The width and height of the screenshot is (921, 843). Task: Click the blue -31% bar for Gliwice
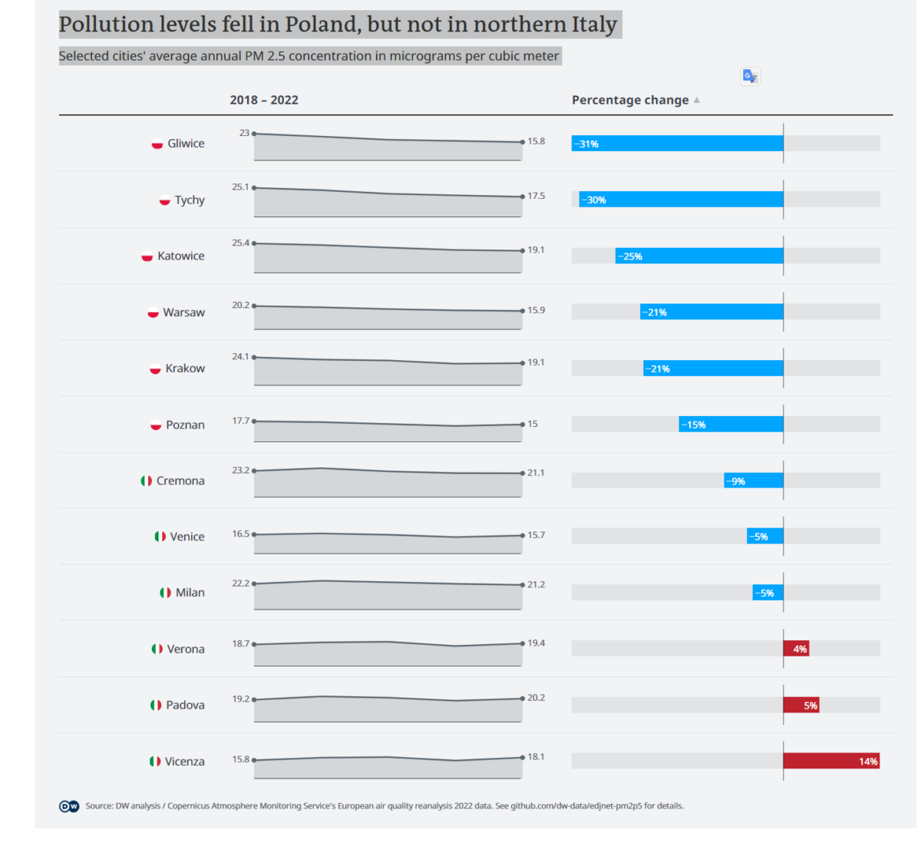click(x=677, y=144)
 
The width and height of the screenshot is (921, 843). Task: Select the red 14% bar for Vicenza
click(x=831, y=761)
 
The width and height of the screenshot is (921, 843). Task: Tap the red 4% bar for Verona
click(x=796, y=649)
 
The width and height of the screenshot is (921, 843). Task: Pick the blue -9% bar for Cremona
click(x=753, y=481)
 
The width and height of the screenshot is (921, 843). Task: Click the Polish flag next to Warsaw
click(x=153, y=312)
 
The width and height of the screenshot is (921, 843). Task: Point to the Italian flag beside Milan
click(x=165, y=593)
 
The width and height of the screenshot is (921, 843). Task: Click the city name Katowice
click(x=181, y=256)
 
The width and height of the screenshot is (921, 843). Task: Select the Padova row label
click(x=185, y=705)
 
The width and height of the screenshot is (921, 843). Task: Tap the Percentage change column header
click(x=629, y=100)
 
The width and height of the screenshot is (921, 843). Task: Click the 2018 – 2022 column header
click(x=264, y=100)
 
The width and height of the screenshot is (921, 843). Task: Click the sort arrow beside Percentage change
click(x=697, y=100)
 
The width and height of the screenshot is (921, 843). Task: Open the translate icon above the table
click(x=750, y=76)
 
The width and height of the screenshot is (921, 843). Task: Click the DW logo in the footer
click(x=69, y=806)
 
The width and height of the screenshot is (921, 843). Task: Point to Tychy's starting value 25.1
click(x=240, y=187)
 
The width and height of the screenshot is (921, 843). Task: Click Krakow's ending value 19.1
click(x=536, y=362)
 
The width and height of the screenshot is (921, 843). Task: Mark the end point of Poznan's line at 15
click(x=523, y=424)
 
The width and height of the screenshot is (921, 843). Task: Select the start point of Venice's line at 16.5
click(x=254, y=534)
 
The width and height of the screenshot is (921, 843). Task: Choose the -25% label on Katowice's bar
click(x=632, y=256)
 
